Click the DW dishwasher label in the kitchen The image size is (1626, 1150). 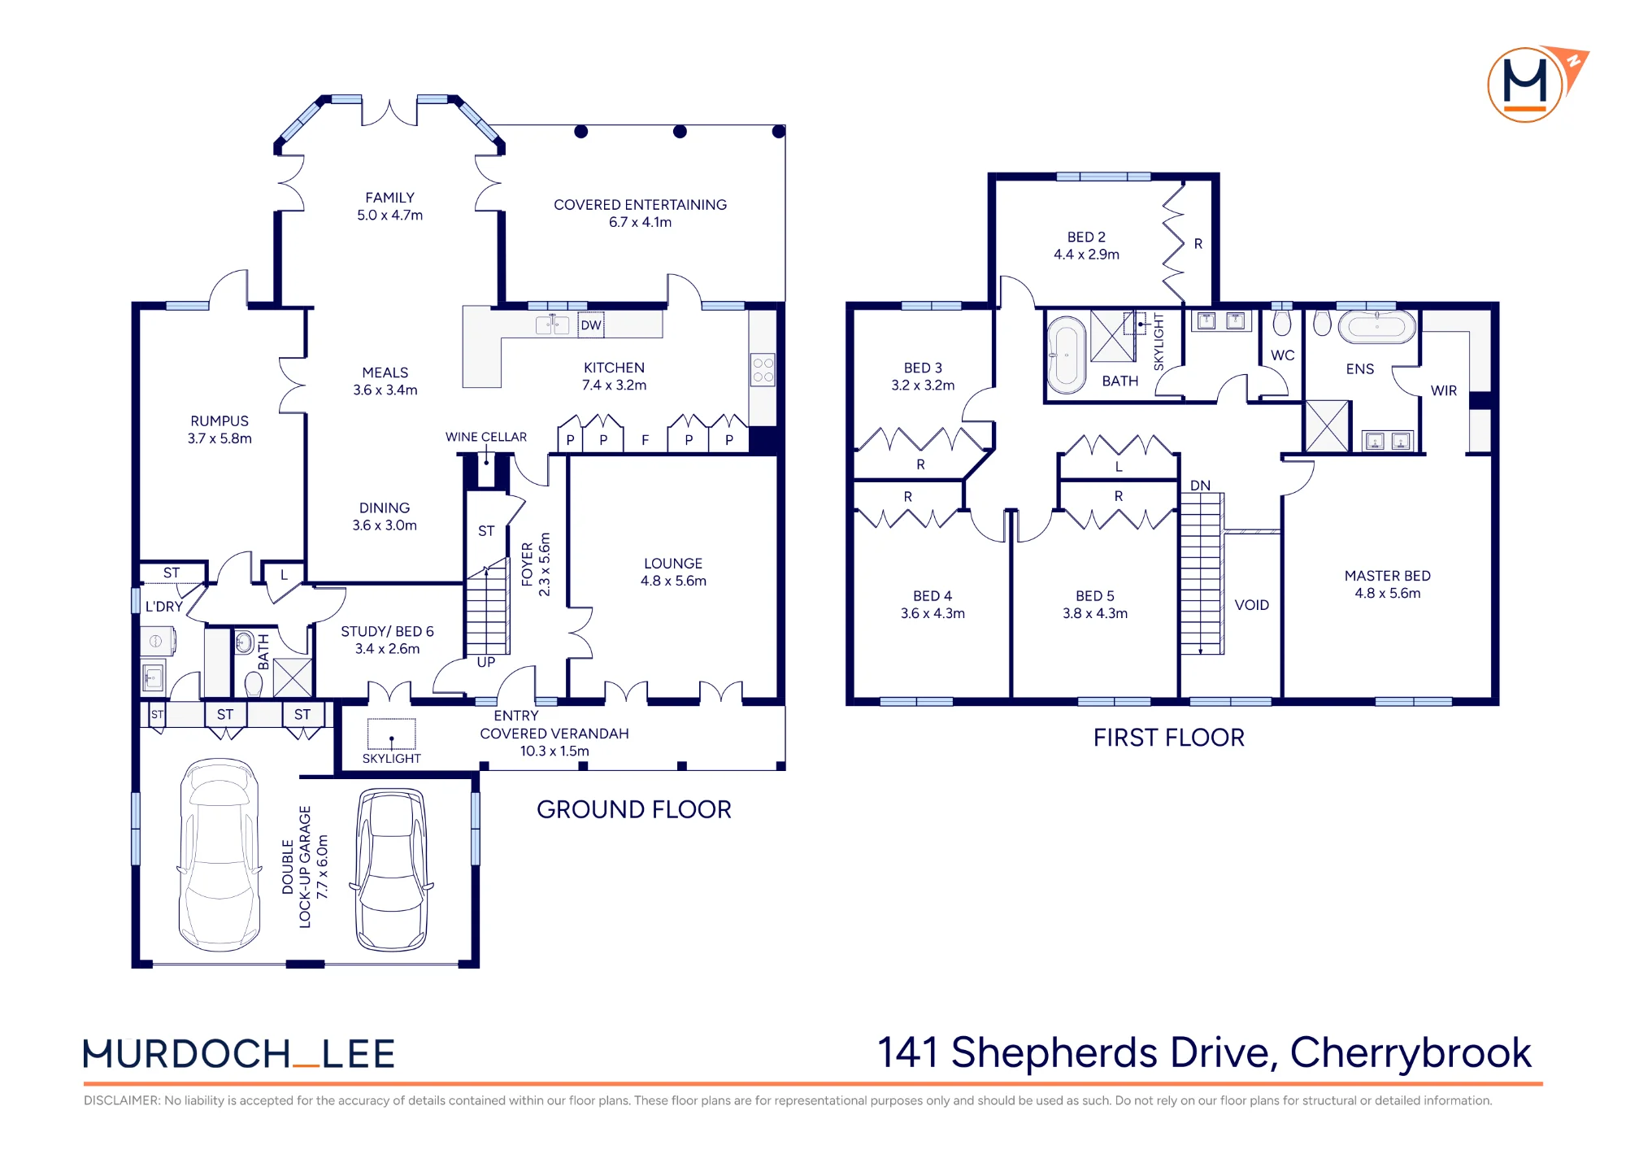[x=591, y=325]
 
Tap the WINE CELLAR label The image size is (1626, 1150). [x=486, y=437]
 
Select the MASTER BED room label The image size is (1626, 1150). [x=1388, y=576]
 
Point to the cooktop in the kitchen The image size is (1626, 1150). [x=763, y=370]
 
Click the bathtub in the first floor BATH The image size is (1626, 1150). [x=1066, y=355]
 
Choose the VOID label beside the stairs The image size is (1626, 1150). [x=1252, y=605]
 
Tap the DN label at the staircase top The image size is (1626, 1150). [x=1201, y=486]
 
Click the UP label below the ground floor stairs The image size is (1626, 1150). [x=486, y=662]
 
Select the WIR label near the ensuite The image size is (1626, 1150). [x=1444, y=390]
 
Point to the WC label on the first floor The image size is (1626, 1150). [x=1283, y=355]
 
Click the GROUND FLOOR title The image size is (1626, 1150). [x=634, y=809]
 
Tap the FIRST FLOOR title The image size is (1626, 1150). [x=1169, y=738]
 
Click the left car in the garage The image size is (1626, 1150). [x=220, y=855]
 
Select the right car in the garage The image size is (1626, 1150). [x=392, y=869]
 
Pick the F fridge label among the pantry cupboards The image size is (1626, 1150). [x=646, y=440]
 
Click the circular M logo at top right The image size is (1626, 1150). [x=1526, y=85]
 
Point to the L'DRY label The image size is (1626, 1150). [x=164, y=607]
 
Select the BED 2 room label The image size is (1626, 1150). [x=1087, y=237]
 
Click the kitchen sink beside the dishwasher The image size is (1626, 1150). [x=552, y=325]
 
